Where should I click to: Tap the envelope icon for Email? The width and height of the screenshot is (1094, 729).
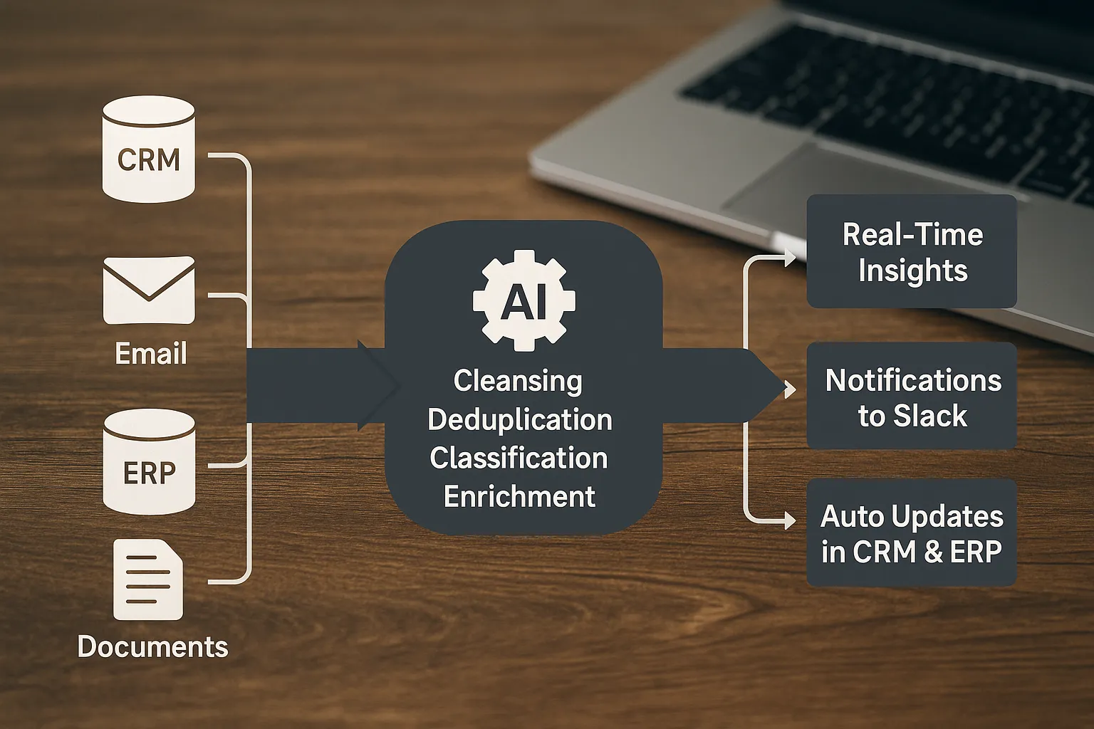(149, 290)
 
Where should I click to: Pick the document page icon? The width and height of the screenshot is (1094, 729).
(148, 579)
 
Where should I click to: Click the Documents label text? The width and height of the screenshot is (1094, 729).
(152, 646)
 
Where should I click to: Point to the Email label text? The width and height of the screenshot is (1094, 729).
(151, 353)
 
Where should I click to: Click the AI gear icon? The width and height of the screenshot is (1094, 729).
(524, 300)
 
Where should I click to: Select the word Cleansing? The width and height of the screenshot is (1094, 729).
(518, 381)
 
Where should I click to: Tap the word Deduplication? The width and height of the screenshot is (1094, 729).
(520, 419)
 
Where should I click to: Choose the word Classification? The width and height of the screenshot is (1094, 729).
(519, 458)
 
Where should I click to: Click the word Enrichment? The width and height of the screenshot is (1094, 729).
(519, 496)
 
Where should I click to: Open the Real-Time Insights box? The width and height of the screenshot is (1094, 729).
(912, 251)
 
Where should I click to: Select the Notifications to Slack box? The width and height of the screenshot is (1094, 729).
(912, 396)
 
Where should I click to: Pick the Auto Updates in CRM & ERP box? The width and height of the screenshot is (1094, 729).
(912, 533)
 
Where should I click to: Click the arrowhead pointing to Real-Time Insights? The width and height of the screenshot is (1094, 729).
(790, 258)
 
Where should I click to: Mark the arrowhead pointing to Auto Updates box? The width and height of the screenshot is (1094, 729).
(790, 520)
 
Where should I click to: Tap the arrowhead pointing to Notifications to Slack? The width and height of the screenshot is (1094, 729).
(790, 389)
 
